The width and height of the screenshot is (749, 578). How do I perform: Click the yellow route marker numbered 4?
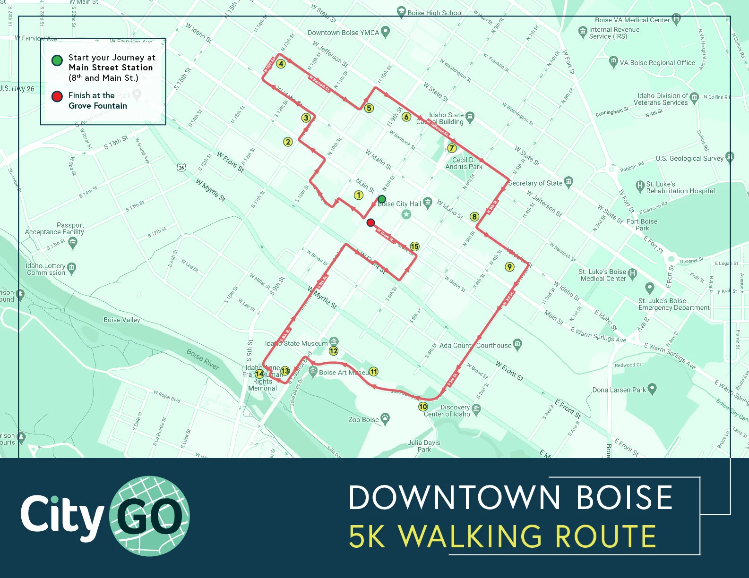click(281, 64)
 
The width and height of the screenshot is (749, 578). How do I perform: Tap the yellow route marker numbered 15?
click(414, 246)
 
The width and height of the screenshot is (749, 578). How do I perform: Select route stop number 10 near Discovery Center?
click(423, 407)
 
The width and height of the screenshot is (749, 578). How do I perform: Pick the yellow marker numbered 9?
click(509, 267)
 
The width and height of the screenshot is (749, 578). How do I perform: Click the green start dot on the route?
click(382, 199)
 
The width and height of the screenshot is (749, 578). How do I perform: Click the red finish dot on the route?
click(370, 222)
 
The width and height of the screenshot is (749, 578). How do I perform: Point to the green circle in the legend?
click(57, 60)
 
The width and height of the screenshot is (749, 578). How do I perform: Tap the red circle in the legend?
click(57, 96)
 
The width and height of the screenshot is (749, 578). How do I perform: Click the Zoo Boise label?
click(363, 419)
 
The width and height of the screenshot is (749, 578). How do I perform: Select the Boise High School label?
click(435, 13)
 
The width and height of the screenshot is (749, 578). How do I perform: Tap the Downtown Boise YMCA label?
click(343, 33)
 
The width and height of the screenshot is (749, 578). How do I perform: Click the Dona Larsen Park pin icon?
click(652, 389)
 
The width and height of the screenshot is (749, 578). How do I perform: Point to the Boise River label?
click(202, 359)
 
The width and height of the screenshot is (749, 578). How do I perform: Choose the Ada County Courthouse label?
click(475, 345)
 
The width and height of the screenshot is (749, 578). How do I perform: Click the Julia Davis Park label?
click(424, 446)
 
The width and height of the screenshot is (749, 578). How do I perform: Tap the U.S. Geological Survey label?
click(689, 158)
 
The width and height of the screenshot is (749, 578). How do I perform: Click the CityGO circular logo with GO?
click(149, 516)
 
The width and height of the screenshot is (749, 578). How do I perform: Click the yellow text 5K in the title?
click(367, 536)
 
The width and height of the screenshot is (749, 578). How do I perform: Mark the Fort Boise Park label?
click(642, 224)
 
